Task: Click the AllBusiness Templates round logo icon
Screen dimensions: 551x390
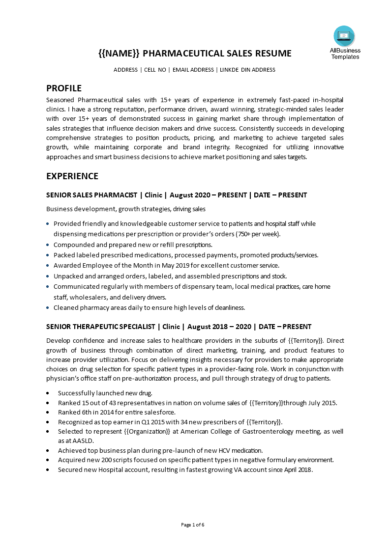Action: tap(344, 36)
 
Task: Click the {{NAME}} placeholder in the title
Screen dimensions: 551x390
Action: tap(119, 54)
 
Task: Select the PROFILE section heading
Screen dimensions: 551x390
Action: tap(63, 88)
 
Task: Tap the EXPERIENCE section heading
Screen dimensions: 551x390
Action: tap(72, 176)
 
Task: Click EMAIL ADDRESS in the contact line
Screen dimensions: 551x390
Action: tap(193, 70)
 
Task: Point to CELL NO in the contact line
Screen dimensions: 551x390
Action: tap(155, 70)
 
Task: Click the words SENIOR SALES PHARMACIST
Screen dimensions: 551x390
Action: tap(91, 195)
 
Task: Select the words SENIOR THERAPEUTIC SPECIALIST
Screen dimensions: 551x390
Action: tap(101, 327)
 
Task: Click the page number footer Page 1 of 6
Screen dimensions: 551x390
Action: tap(192, 524)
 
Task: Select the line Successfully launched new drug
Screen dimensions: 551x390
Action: tap(105, 393)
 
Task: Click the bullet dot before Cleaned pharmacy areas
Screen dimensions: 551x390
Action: tap(48, 308)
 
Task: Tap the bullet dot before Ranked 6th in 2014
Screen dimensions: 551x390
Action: tap(47, 413)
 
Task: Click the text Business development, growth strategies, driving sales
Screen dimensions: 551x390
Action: tap(125, 209)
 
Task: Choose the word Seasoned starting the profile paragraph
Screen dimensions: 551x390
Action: tap(61, 99)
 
